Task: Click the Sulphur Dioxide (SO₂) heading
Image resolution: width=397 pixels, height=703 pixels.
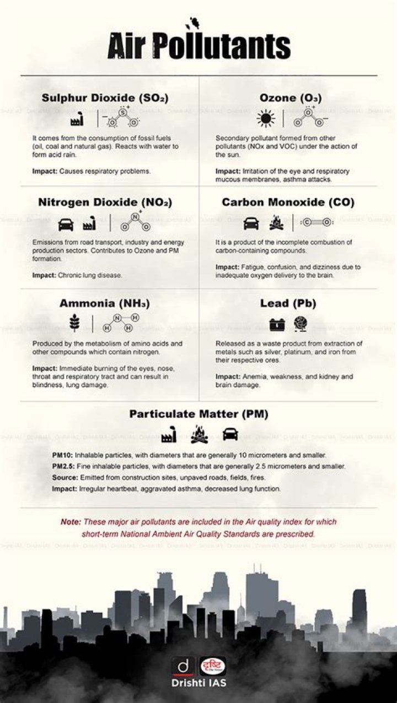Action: [105, 98]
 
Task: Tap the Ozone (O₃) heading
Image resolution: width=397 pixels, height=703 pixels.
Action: [291, 98]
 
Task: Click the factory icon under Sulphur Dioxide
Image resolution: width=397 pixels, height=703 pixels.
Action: [77, 119]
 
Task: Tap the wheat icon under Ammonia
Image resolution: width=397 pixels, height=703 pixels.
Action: [75, 323]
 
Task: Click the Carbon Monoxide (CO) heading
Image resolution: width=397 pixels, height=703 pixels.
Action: [288, 203]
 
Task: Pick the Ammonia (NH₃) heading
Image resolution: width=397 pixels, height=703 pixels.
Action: [105, 303]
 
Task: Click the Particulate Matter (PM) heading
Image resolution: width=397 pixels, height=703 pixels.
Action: [198, 414]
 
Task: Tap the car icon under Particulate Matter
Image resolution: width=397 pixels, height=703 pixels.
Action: [230, 434]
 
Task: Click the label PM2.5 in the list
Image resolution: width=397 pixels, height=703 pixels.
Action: [62, 466]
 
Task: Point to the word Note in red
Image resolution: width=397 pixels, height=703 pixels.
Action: [71, 522]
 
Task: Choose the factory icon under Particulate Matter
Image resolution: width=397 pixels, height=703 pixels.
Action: [168, 436]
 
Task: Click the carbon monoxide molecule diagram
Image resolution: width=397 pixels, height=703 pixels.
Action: [316, 222]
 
